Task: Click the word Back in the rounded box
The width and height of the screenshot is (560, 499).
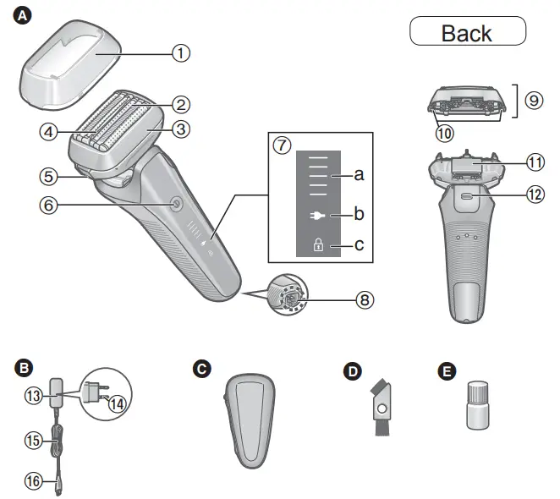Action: coord(467,33)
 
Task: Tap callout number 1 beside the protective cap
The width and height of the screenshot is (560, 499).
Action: coord(180,52)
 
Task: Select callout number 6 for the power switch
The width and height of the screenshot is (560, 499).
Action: coord(49,205)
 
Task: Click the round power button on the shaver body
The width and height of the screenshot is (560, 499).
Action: coord(174,203)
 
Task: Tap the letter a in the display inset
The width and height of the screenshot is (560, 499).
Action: coord(359,175)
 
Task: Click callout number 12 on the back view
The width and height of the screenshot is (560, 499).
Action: coord(534,194)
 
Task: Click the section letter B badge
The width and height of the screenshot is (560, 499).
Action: coord(23,368)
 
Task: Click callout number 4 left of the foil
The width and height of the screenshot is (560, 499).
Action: coord(49,131)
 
